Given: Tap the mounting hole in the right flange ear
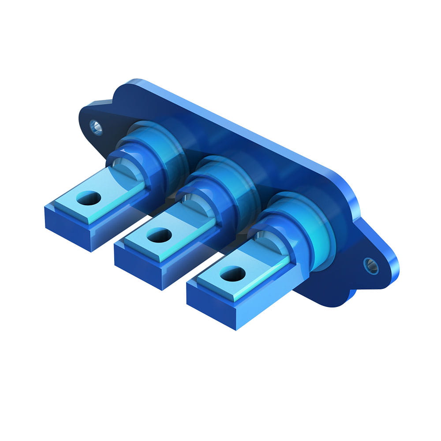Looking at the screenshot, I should pyautogui.click(x=370, y=265).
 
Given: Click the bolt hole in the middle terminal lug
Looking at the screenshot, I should pyautogui.click(x=159, y=235).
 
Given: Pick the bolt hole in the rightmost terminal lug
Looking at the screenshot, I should pyautogui.click(x=232, y=274).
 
